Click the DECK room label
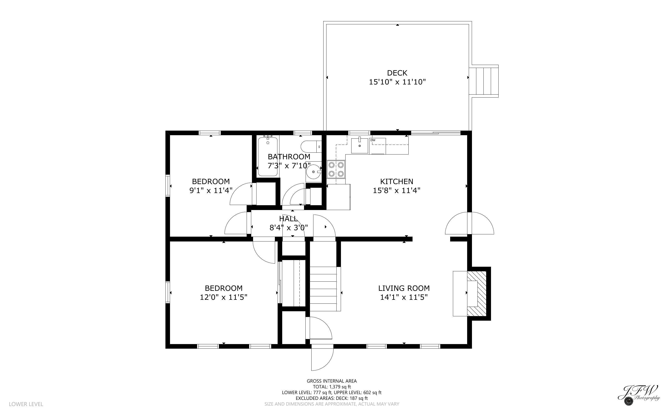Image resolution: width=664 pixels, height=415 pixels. pyautogui.click(x=397, y=73)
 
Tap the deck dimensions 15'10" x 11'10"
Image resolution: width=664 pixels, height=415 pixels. pyautogui.click(x=397, y=82)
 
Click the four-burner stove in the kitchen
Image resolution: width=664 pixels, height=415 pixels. pyautogui.click(x=336, y=169)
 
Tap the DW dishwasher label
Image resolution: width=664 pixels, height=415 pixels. pyautogui.click(x=373, y=140)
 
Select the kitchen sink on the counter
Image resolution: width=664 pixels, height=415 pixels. pyautogui.click(x=360, y=146)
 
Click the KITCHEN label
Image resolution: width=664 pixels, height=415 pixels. pyautogui.click(x=397, y=181)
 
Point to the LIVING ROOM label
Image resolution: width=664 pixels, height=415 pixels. pyautogui.click(x=404, y=288)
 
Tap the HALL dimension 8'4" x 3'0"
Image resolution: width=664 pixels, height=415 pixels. pyautogui.click(x=289, y=228)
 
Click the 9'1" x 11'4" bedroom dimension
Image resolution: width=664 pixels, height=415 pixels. pyautogui.click(x=211, y=191)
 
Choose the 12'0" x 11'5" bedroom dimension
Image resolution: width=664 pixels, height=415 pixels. pyautogui.click(x=223, y=297)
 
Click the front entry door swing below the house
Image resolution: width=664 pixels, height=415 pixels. pyautogui.click(x=322, y=359)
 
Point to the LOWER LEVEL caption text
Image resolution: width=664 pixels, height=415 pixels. pyautogui.click(x=26, y=404)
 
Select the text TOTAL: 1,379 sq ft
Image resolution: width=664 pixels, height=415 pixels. pyautogui.click(x=332, y=387)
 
